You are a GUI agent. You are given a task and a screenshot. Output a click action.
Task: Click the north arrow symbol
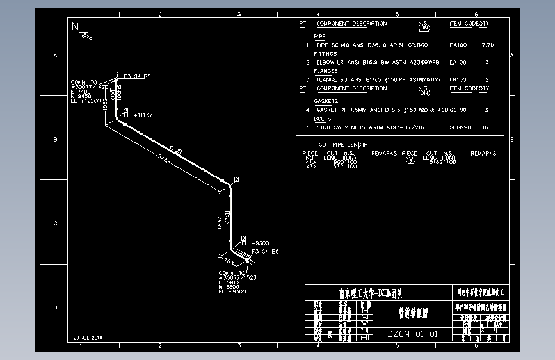(x=83, y=31)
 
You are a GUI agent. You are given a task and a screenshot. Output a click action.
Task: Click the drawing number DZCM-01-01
(x=413, y=334)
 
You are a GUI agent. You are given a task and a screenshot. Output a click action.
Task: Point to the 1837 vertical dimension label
(x=220, y=222)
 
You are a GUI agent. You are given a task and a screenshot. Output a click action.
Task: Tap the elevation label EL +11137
(x=138, y=115)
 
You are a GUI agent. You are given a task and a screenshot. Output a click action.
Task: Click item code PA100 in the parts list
(x=458, y=45)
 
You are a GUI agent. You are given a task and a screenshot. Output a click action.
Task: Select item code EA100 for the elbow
(x=458, y=63)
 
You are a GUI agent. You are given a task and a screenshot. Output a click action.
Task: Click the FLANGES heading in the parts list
(x=325, y=72)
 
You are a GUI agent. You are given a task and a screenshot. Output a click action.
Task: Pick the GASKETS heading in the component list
(x=326, y=102)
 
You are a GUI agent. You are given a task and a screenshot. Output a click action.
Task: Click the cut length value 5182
(x=435, y=162)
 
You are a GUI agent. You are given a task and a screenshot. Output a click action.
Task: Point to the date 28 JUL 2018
(x=88, y=337)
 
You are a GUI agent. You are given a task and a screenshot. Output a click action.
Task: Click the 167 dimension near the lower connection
(x=227, y=263)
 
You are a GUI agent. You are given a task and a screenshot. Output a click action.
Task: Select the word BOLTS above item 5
(x=322, y=119)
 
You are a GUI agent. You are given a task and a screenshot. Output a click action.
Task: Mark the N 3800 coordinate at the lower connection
(x=229, y=287)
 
